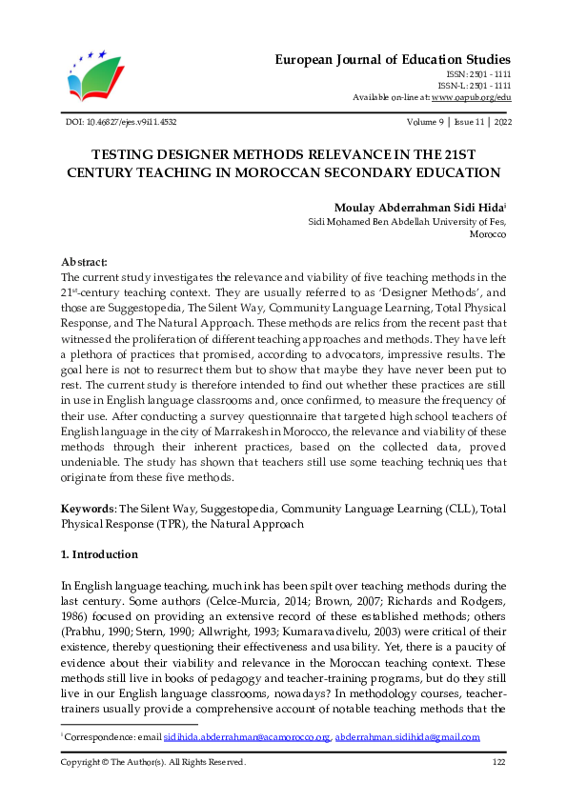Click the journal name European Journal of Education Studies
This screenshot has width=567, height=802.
click(x=394, y=58)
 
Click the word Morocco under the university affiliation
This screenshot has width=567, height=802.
click(x=488, y=233)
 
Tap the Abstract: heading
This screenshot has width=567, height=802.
click(x=84, y=261)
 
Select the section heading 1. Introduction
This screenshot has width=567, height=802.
click(x=99, y=554)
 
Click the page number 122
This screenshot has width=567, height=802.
click(x=498, y=762)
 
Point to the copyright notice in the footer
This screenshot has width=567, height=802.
click(x=153, y=762)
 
